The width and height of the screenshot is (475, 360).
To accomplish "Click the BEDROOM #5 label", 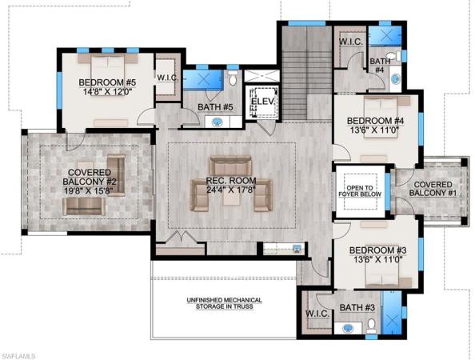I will tap(106, 86).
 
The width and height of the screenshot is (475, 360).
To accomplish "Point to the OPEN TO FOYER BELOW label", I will tap(361, 190).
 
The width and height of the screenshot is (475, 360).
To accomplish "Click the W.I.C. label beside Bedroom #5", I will tap(167, 78).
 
